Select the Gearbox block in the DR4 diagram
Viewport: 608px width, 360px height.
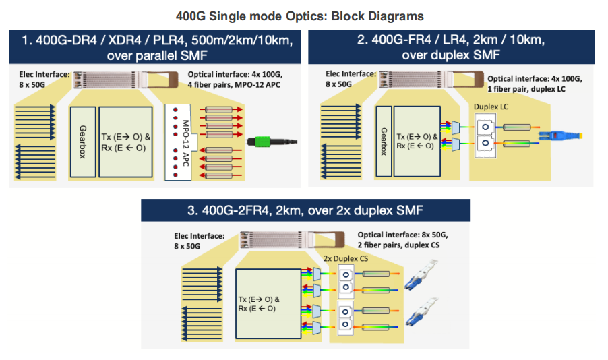point(82,142)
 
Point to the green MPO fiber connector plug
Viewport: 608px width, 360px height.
point(270,142)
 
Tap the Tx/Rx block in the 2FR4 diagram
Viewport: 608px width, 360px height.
point(267,304)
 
